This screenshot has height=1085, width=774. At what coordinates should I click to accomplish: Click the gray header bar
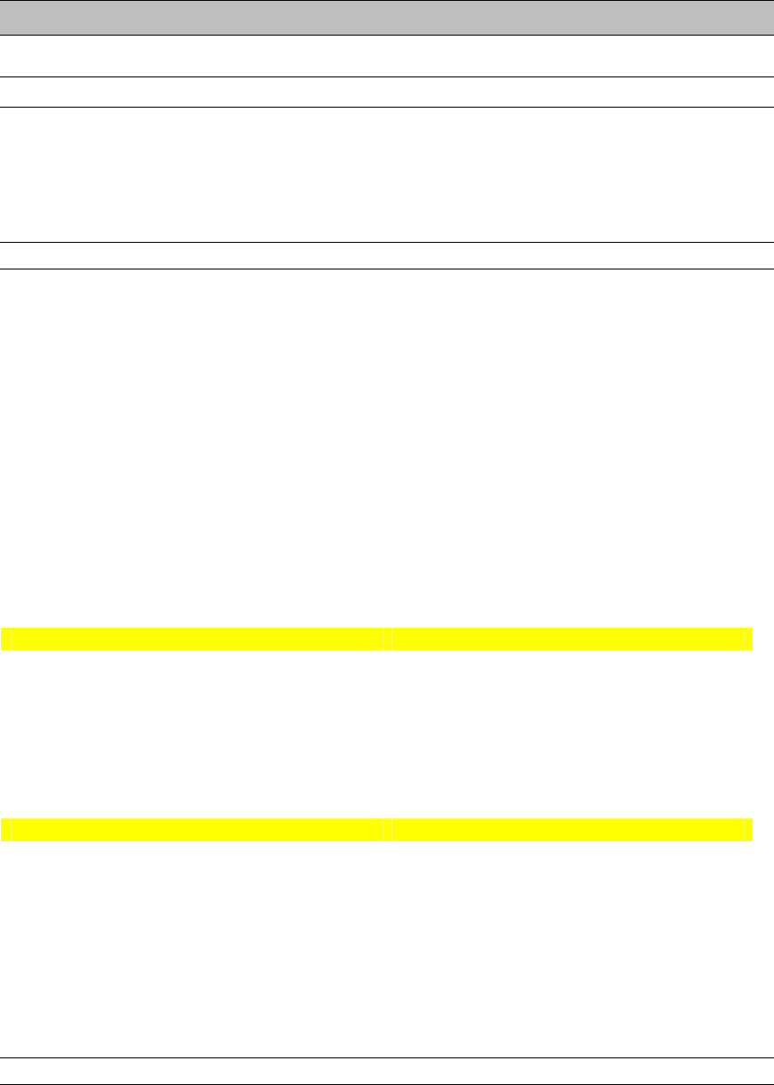[x=387, y=17]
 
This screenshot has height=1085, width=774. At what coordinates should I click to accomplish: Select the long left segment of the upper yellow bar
[x=196, y=639]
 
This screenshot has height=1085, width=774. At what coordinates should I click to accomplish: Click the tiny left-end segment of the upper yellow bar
[x=4, y=639]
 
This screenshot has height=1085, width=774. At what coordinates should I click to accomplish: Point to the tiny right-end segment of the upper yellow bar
[x=748, y=639]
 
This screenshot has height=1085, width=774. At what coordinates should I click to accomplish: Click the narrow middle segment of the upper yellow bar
[x=387, y=639]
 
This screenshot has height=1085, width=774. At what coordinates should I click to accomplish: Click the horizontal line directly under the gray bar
[x=387, y=35]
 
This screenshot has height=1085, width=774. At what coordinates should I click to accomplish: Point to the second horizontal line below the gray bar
[x=387, y=77]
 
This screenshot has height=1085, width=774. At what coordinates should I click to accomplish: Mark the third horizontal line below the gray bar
[x=387, y=108]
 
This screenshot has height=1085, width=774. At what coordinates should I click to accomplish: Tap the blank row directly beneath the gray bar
[x=387, y=56]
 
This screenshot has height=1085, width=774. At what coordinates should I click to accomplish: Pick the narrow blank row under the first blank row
[x=387, y=92]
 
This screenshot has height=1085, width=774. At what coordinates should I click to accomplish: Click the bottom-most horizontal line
[x=387, y=1084]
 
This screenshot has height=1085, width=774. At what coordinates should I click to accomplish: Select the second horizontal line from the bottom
[x=387, y=1057]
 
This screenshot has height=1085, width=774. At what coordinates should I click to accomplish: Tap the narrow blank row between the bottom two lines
[x=387, y=1071]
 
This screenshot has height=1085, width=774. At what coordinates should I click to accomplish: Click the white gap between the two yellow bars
[x=387, y=735]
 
